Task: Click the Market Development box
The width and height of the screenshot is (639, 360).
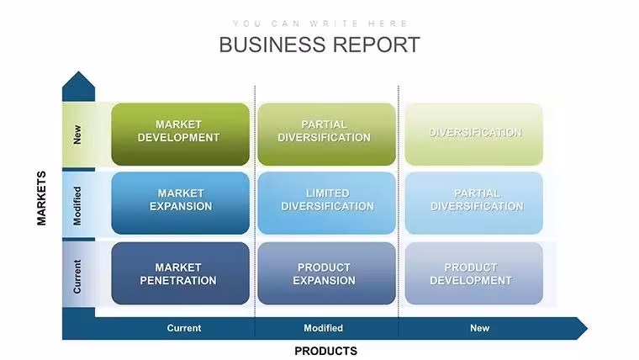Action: (180, 134)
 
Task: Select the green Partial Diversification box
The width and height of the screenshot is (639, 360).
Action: (326, 134)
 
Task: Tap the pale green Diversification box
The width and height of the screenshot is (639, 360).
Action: (474, 134)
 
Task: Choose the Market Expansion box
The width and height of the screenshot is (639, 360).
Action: (180, 203)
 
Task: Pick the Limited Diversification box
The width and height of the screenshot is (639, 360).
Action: (326, 203)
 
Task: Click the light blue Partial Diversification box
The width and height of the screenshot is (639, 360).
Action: (474, 203)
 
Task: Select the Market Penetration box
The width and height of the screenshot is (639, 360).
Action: (180, 273)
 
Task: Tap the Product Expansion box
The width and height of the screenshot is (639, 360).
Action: (326, 273)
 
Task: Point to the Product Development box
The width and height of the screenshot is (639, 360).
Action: (474, 273)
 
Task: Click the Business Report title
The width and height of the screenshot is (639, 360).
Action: (319, 45)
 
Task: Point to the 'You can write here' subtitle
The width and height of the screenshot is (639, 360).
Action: (319, 24)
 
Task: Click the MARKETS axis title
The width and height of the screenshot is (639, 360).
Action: (41, 199)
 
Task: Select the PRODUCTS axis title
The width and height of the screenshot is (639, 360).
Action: (326, 351)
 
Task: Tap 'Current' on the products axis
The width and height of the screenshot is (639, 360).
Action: (184, 328)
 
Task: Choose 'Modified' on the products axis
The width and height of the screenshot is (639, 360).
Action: (323, 328)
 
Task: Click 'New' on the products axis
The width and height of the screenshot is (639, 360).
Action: (479, 328)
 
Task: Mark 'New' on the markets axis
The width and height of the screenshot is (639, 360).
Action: (77, 135)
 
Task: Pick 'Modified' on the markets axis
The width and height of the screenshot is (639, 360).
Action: (77, 206)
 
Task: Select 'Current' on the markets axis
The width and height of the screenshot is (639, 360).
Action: (77, 277)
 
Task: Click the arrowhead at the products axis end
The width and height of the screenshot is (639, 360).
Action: (583, 328)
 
